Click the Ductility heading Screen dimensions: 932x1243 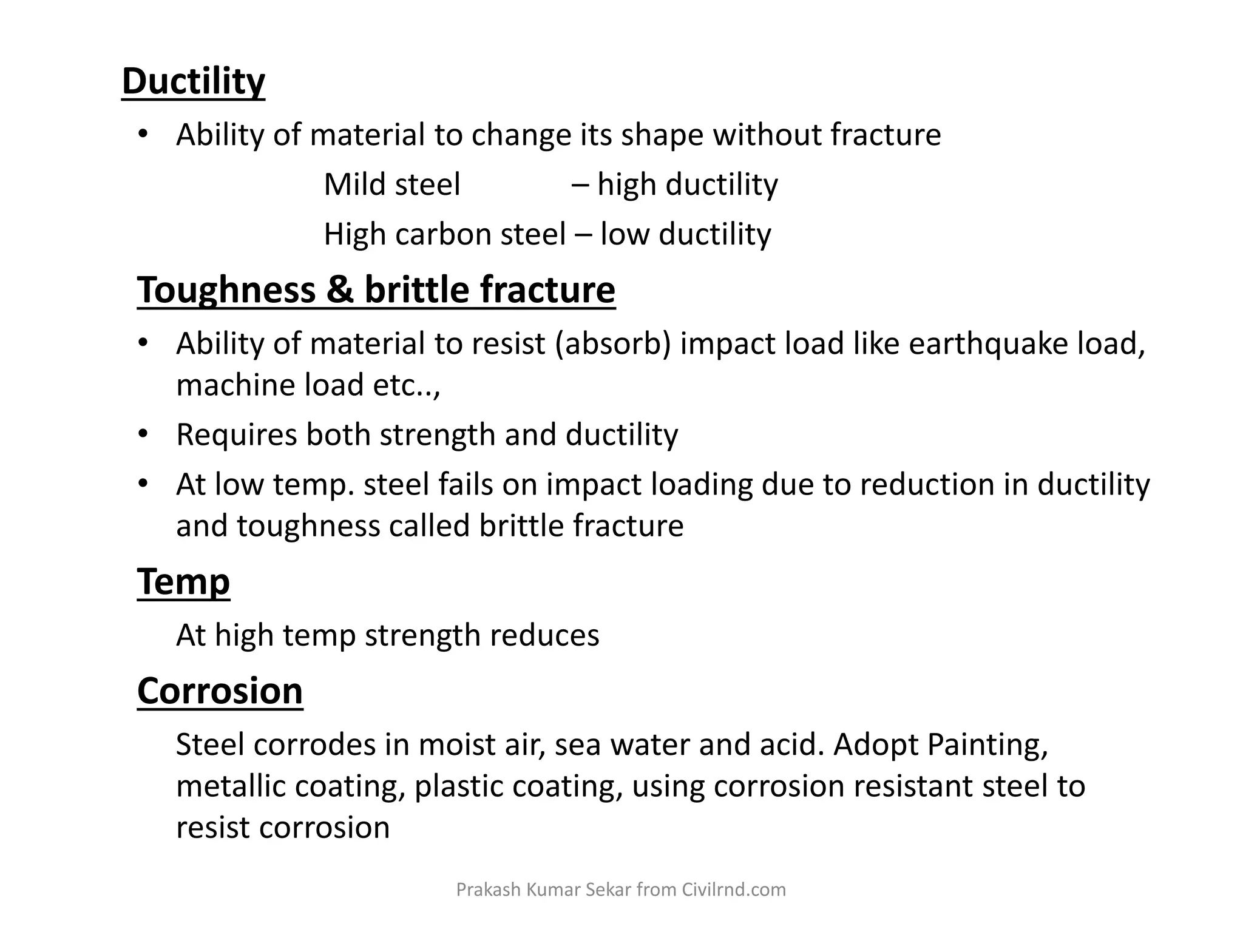193,81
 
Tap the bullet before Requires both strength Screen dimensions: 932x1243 143,434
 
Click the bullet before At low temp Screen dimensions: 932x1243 143,484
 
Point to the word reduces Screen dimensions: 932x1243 544,635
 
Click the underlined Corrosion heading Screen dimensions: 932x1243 220,691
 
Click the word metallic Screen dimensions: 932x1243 230,786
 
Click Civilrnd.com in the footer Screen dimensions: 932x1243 734,890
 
